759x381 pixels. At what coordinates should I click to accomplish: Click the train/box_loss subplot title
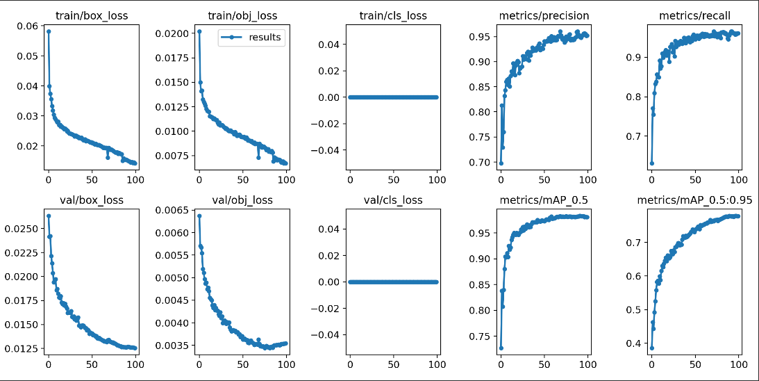pos(92,15)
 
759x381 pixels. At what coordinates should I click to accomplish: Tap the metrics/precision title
pos(544,15)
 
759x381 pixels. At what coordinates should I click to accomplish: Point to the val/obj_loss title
pos(242,200)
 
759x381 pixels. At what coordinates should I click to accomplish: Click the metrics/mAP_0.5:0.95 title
pos(694,200)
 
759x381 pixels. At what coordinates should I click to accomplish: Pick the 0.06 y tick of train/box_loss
pos(29,26)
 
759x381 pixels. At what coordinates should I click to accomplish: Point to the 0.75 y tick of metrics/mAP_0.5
pos(481,337)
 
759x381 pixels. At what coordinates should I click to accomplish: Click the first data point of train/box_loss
pos(48,31)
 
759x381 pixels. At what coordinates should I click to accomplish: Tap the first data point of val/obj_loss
pos(199,216)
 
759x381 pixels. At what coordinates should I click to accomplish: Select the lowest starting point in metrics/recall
pos(651,163)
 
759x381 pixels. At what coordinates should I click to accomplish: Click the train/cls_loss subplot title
pos(393,15)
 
